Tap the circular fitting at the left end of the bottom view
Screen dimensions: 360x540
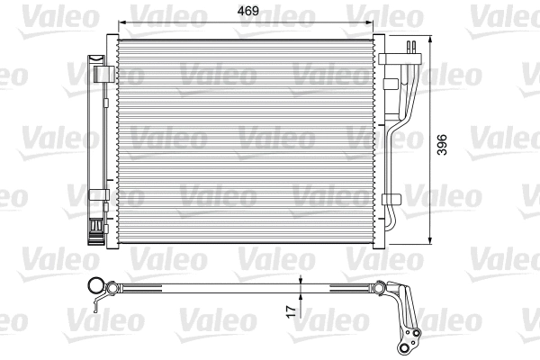point(94,287)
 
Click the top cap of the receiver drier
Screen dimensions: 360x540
point(94,58)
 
